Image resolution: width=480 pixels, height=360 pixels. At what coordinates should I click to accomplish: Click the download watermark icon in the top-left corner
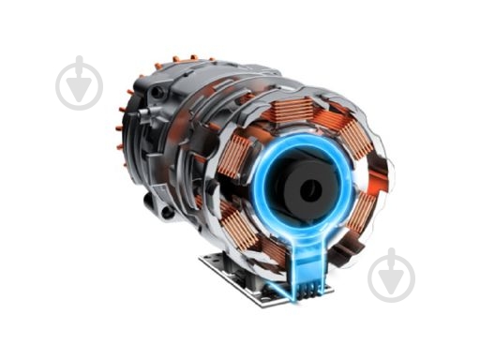pyautogui.click(x=79, y=83)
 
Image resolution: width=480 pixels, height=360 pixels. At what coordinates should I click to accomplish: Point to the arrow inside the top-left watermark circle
pyautogui.click(x=79, y=85)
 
